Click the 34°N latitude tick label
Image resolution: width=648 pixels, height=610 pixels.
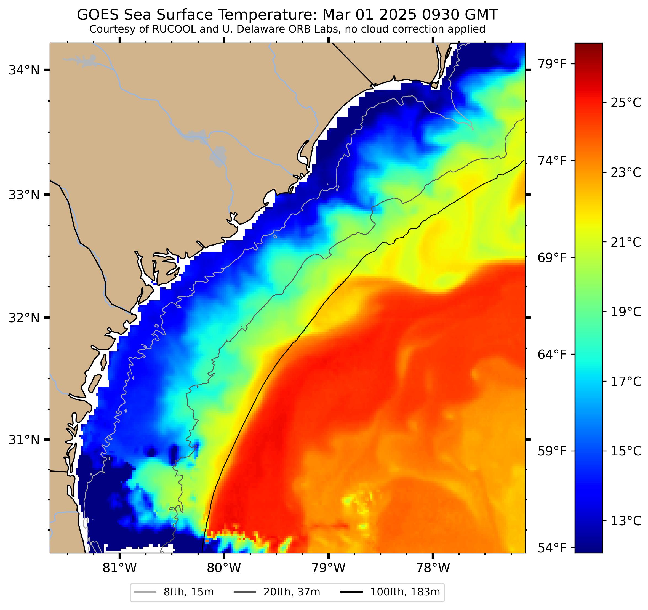click(23, 70)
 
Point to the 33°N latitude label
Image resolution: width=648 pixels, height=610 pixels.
click(23, 195)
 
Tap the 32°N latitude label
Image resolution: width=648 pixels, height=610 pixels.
click(23, 318)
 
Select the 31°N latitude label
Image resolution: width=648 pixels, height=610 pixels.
click(23, 440)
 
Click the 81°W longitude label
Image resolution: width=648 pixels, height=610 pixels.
click(120, 568)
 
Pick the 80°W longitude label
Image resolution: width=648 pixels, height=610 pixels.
click(224, 568)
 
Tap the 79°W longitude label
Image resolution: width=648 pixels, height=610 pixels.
click(328, 568)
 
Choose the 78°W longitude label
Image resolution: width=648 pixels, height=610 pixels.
click(433, 568)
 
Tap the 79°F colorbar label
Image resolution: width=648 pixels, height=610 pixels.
click(551, 64)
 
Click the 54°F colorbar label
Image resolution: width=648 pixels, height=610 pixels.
click(551, 548)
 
